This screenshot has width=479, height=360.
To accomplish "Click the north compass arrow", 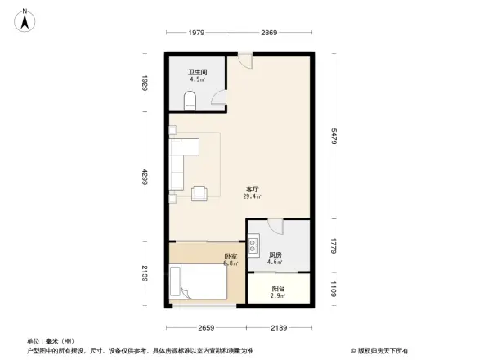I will tap(26, 18).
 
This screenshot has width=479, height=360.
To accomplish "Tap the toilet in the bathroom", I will tap(190, 101).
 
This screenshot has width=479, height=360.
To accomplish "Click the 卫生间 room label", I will tap(197, 72).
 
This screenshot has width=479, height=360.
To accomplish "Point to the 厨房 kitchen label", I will tap(275, 255).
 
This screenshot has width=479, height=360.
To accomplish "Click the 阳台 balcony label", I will tap(278, 288).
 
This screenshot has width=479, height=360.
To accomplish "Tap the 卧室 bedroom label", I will tap(231, 256).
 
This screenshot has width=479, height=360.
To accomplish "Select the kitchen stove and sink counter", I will tap(253, 244).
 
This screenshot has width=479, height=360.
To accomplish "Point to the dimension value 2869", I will tap(270, 33).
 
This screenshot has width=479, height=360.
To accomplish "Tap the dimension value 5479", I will tap(335, 136).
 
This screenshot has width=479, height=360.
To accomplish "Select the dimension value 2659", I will tap(206, 327).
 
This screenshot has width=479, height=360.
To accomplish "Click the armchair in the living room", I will tap(199, 192).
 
